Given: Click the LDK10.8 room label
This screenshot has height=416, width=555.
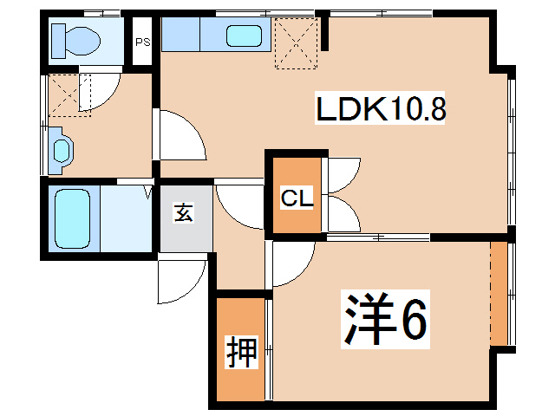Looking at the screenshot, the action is pyautogui.click(x=380, y=108).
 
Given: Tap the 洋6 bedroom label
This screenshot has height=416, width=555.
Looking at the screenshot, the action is pyautogui.click(x=385, y=319).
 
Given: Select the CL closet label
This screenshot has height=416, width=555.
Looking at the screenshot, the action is pyautogui.click(x=297, y=198).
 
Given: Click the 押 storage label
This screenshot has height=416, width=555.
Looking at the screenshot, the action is pyautogui.click(x=241, y=352).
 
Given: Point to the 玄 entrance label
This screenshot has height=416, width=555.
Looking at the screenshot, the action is pyautogui.click(x=184, y=212).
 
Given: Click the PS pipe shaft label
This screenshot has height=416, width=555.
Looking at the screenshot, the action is pyautogui.click(x=142, y=42).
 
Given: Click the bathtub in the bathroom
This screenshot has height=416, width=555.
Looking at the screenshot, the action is pyautogui.click(x=73, y=219).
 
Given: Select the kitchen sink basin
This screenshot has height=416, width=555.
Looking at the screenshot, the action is pyautogui.click(x=244, y=36).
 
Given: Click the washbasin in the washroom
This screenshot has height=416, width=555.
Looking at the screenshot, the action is pyautogui.click(x=62, y=150).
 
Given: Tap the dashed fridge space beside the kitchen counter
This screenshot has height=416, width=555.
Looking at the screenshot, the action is pyautogui.click(x=297, y=43).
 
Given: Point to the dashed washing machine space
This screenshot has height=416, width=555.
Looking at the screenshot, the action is pyautogui.click(x=69, y=95).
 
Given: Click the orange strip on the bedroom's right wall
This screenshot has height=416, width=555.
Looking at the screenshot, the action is pyautogui.click(x=499, y=294).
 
